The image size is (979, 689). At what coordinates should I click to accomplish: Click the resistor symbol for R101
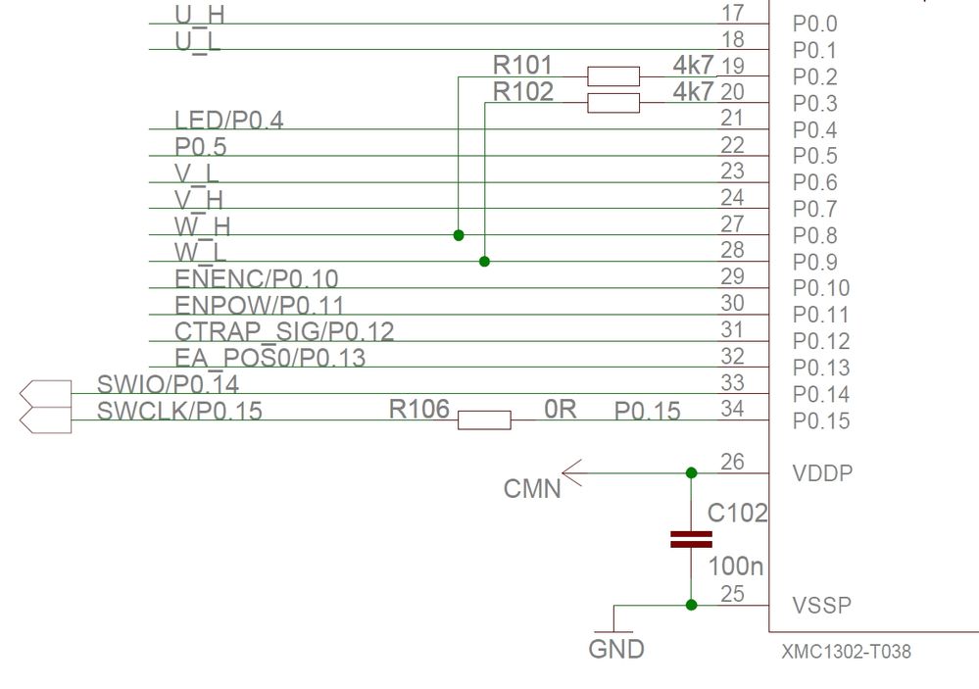click(612, 76)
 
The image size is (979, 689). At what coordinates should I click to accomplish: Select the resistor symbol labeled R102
click(612, 103)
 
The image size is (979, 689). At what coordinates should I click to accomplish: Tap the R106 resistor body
click(484, 420)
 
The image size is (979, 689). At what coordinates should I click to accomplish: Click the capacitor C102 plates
click(691, 538)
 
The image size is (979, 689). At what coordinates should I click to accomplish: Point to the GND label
click(615, 649)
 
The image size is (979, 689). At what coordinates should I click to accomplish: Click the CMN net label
click(532, 487)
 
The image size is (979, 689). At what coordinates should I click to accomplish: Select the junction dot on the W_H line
click(459, 235)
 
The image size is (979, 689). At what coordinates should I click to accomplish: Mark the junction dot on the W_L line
click(484, 262)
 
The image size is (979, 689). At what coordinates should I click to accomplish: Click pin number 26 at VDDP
click(731, 461)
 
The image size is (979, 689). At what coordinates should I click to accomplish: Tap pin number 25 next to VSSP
click(731, 593)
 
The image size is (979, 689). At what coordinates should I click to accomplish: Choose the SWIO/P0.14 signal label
click(168, 383)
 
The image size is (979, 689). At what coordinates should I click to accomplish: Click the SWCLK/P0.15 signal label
click(179, 411)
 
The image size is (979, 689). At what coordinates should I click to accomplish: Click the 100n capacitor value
click(736, 566)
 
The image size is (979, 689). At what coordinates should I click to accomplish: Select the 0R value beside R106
click(561, 409)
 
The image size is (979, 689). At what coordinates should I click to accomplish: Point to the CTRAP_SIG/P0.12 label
click(284, 331)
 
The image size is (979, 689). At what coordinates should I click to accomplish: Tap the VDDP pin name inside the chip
click(821, 473)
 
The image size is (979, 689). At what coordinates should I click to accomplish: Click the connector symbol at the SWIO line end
click(46, 393)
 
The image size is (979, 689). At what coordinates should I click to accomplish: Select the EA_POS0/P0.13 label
click(269, 358)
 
